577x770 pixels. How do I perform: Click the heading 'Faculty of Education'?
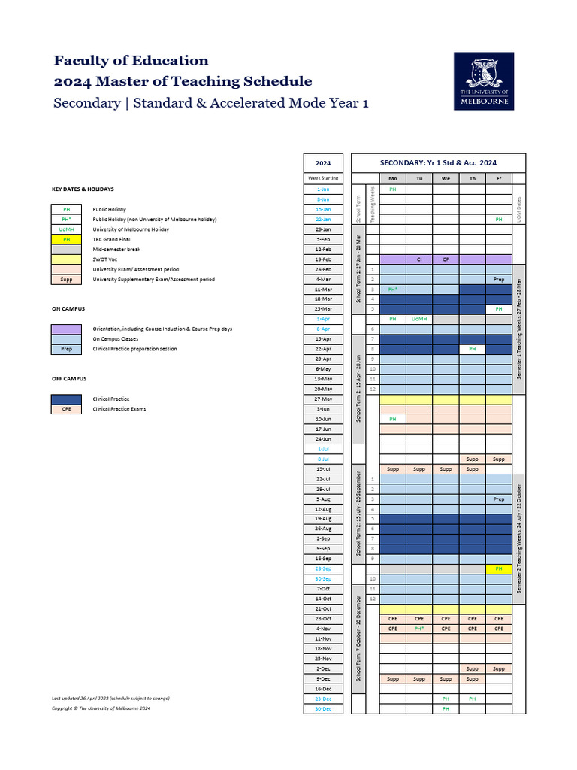(131, 61)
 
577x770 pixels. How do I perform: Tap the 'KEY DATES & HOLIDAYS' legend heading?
(83, 189)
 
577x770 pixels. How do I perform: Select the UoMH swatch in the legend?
(67, 229)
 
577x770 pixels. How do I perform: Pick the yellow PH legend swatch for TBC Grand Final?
(67, 239)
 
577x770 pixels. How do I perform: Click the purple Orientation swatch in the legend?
(67, 329)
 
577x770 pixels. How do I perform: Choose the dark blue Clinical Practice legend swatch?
(67, 399)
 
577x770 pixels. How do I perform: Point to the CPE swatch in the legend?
(67, 409)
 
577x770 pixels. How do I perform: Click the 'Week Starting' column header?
(323, 178)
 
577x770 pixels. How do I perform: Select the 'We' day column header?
(446, 178)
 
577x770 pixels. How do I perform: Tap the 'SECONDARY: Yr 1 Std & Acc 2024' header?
(438, 162)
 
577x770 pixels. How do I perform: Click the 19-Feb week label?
(324, 259)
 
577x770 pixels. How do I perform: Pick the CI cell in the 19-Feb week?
(419, 259)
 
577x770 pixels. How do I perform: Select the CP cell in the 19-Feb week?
(446, 259)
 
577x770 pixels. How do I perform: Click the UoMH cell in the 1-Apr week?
(419, 319)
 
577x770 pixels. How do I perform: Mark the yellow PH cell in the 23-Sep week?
(498, 569)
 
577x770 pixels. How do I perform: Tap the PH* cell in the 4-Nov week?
(419, 629)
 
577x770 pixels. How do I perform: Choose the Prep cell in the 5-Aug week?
(498, 499)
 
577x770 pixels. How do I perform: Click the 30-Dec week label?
(324, 708)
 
